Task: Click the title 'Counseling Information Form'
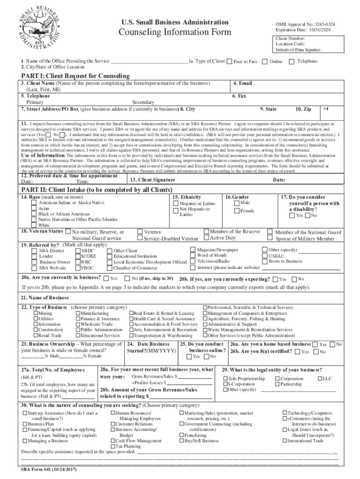click(175, 32)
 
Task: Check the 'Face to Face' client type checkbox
click(230, 62)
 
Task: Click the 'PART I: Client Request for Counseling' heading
click(75, 76)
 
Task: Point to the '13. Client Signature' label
click(152, 180)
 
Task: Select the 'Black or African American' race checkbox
click(34, 214)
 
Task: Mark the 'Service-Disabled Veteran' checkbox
click(140, 239)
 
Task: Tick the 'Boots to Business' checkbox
click(265, 261)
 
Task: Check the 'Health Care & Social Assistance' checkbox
click(131, 319)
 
